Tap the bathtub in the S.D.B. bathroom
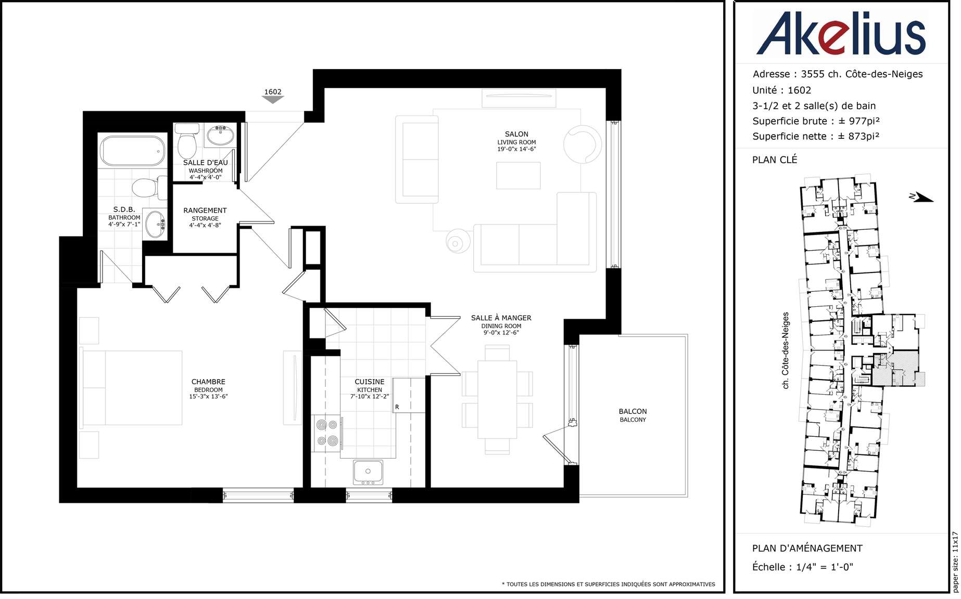point(133,151)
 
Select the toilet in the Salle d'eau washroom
point(187,140)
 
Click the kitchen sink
point(368,472)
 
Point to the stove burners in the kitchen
point(327,433)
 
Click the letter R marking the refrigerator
point(397,407)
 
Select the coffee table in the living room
point(518,175)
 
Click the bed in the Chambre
point(132,387)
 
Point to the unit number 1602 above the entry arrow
point(273,92)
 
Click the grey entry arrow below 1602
point(273,100)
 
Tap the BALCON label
point(633,411)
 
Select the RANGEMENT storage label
point(205,211)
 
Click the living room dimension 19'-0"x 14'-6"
point(516,149)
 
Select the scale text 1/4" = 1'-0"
point(825,567)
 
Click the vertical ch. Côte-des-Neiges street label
point(786,350)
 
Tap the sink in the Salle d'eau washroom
point(221,136)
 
